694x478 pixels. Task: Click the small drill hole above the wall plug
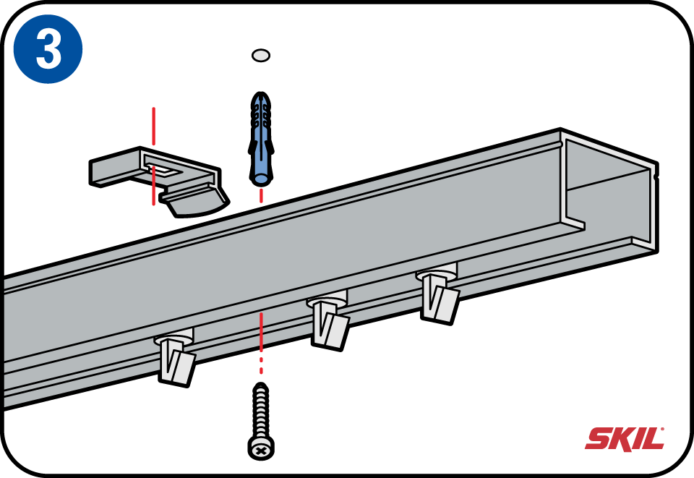click(x=261, y=55)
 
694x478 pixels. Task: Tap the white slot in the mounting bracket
click(x=165, y=171)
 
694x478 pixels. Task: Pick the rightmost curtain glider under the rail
click(x=438, y=294)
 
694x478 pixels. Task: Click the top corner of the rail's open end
click(x=563, y=132)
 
